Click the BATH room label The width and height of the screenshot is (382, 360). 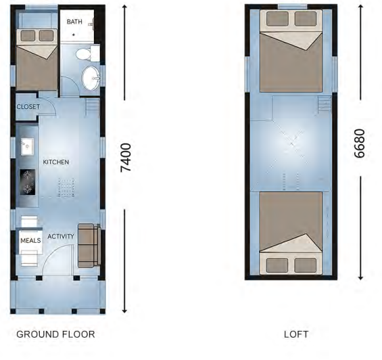74,22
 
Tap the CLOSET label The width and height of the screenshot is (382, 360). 28,107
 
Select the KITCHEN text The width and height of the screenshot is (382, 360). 57,163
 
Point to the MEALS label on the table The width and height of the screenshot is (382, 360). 30,240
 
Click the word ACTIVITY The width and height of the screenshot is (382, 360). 61,236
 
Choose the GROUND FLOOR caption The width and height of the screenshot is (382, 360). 55,334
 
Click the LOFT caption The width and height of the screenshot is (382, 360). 295,334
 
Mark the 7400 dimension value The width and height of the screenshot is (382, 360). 125,157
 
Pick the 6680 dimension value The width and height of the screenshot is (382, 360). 360,143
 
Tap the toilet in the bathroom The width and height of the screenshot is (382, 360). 85,54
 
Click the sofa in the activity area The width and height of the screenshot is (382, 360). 89,246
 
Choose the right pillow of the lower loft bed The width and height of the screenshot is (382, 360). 306,265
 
